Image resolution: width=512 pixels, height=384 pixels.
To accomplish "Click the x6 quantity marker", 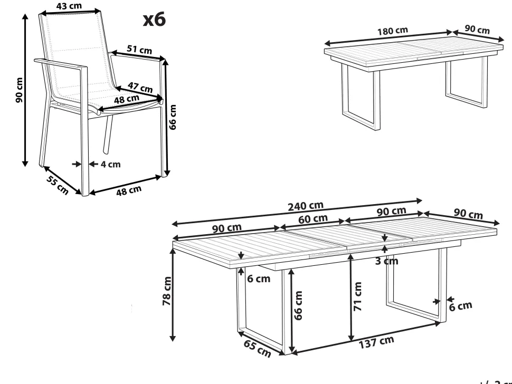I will (155, 20).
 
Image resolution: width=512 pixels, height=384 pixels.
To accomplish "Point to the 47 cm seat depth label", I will (140, 88).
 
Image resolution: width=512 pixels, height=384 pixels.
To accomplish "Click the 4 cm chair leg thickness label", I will (111, 164).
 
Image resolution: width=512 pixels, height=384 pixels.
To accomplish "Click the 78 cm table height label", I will (166, 291).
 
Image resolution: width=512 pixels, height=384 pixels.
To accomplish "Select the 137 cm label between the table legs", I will (377, 342).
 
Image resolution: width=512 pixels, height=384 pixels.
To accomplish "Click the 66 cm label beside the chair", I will (174, 117).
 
